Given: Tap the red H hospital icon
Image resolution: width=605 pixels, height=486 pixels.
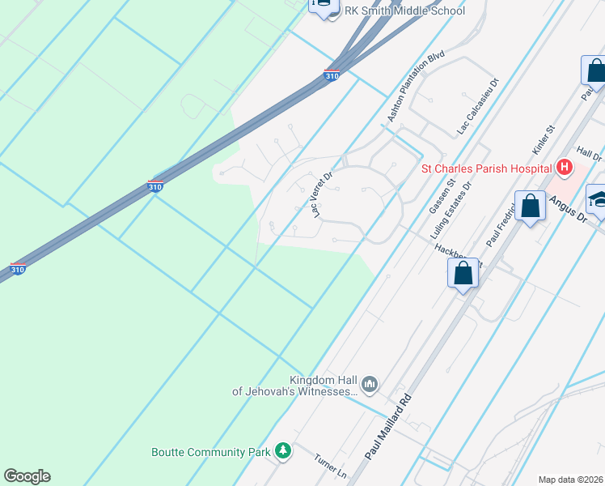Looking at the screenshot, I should pos(565,168).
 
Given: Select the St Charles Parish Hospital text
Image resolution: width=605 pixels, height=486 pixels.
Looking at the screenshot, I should pos(486,169).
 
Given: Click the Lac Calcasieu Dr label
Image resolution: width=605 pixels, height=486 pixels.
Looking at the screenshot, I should pos(479,105).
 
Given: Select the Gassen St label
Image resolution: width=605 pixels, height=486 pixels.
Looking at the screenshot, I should pos(439,198).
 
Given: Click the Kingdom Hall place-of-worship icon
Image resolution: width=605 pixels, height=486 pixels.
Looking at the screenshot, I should pos(370,384).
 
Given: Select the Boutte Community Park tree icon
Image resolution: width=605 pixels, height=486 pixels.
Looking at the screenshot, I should pos(282,450).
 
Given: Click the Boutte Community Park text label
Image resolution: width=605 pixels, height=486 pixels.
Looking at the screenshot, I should pos(210,451).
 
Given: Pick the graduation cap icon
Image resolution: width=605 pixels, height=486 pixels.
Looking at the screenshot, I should pos(599,199).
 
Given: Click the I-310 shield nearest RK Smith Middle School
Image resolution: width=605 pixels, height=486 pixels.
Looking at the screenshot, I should pos(331,75).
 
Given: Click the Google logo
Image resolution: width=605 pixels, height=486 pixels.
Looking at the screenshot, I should pos(27,476).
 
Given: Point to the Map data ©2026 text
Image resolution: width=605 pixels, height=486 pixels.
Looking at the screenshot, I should pos(570,479).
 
